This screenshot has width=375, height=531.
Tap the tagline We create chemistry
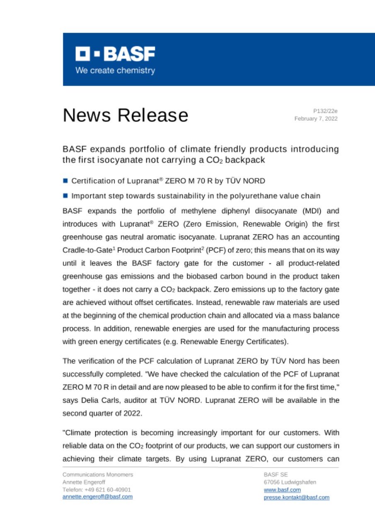115,71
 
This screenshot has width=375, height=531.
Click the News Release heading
125,115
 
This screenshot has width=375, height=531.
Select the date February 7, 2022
316,119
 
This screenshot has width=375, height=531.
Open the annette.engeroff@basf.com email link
97,497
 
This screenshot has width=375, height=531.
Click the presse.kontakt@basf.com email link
296,497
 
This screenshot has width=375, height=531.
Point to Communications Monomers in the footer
97,474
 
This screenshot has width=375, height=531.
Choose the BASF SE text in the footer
273,474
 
